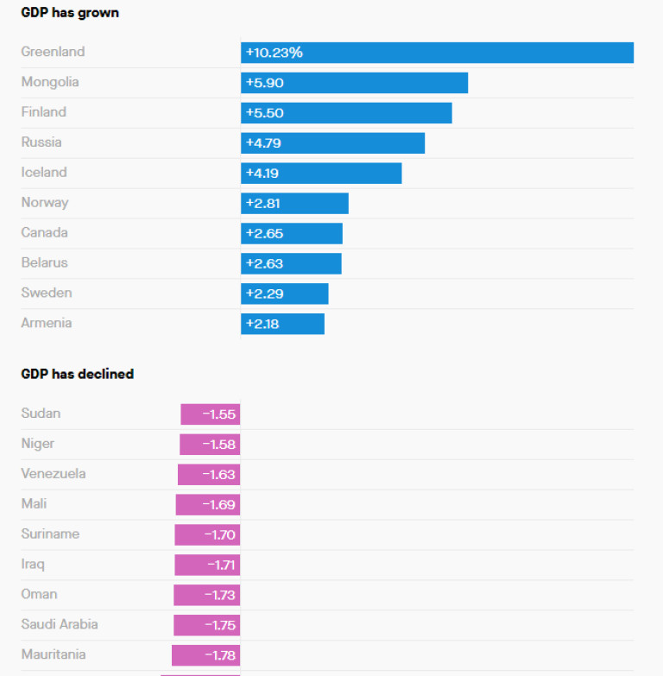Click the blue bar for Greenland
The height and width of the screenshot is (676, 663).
click(x=437, y=53)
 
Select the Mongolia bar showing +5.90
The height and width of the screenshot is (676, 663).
click(x=354, y=83)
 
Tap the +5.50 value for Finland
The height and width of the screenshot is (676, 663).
click(x=264, y=113)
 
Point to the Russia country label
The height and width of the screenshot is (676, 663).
click(x=41, y=142)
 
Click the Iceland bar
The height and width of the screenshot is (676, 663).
click(x=321, y=173)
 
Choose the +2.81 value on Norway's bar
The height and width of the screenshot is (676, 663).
click(x=262, y=204)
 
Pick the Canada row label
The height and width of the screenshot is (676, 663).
click(x=45, y=233)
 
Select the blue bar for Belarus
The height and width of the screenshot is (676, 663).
click(x=291, y=263)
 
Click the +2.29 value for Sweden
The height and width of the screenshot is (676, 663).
click(x=264, y=294)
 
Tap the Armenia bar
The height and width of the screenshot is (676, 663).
click(x=282, y=324)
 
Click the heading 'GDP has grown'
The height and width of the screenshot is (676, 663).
click(x=70, y=13)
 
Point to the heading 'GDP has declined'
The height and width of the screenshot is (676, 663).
click(x=78, y=374)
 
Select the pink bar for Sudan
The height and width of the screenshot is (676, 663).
click(x=210, y=414)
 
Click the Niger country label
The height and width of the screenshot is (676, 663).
click(x=38, y=444)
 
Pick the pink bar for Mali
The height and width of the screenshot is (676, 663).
click(x=208, y=505)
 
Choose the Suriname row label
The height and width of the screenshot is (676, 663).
click(x=50, y=534)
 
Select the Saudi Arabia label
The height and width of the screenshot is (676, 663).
click(x=60, y=624)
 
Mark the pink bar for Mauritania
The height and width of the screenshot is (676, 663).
click(x=205, y=655)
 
